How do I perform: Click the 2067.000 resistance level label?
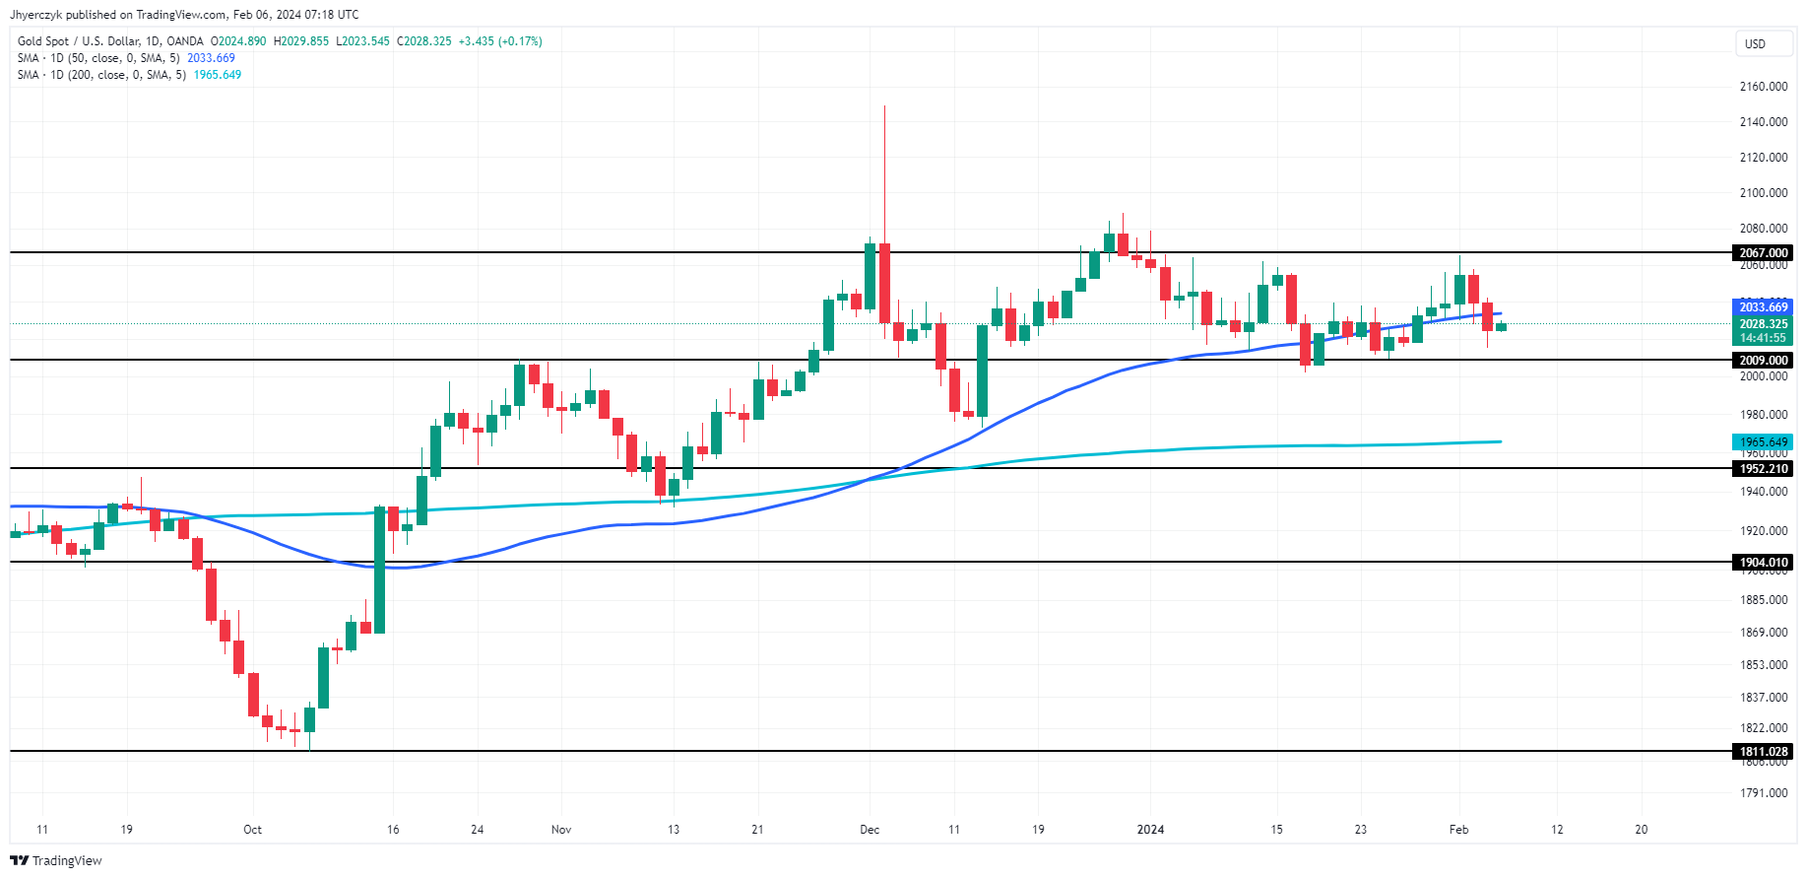(x=1763, y=253)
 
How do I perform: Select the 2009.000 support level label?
(x=1763, y=361)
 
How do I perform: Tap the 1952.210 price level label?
(x=1763, y=469)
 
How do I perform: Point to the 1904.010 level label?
(x=1763, y=563)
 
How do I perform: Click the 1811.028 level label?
(x=1763, y=752)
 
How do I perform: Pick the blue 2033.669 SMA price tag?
(x=1763, y=307)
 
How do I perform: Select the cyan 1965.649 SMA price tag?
(x=1763, y=442)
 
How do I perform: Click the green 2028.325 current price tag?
(x=1763, y=324)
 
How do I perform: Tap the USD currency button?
(x=1755, y=43)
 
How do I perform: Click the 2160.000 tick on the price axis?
(x=1763, y=87)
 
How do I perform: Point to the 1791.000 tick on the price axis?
(x=1763, y=793)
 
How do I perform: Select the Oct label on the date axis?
(x=253, y=830)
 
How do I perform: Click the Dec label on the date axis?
(x=870, y=830)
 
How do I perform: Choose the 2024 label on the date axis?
(x=1150, y=830)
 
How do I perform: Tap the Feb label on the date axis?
(x=1458, y=830)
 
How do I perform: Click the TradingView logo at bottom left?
(x=57, y=860)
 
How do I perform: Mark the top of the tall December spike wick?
(x=884, y=106)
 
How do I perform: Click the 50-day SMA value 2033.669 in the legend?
(x=211, y=58)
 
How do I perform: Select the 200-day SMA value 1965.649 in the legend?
(x=218, y=75)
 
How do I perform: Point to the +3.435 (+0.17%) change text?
(x=500, y=41)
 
